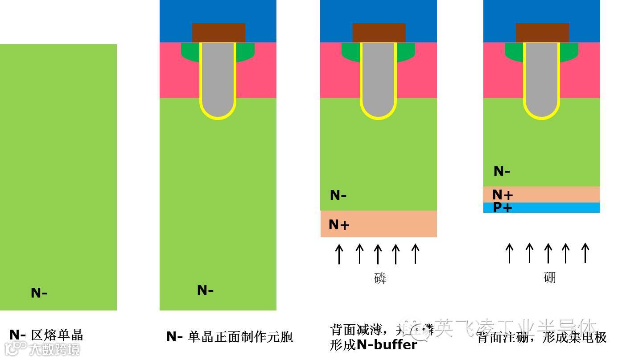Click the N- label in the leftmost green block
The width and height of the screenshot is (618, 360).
(x=39, y=293)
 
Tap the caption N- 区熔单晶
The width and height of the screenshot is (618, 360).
(x=46, y=335)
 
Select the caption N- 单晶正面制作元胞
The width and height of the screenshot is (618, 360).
(x=229, y=336)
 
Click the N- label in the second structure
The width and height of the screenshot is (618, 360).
(x=206, y=290)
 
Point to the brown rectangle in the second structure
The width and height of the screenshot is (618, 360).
(x=218, y=33)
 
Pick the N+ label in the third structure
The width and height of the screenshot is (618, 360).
(x=339, y=224)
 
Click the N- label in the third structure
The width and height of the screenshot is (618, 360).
(x=338, y=195)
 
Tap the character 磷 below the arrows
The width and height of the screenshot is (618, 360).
(x=380, y=278)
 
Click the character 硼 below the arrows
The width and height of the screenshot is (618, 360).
(x=550, y=277)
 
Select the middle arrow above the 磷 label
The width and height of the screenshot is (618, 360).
(x=378, y=253)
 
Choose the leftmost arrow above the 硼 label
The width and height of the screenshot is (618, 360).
(x=509, y=252)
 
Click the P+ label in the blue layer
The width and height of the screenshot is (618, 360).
(x=503, y=207)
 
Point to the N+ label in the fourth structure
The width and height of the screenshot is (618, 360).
(x=503, y=194)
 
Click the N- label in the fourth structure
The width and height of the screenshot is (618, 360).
(x=502, y=171)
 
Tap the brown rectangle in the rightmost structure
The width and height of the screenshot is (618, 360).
(x=542, y=33)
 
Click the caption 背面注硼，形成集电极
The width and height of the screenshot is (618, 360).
(x=541, y=337)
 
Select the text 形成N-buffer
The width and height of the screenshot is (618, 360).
(x=373, y=345)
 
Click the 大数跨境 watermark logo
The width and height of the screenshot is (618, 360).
(x=42, y=348)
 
